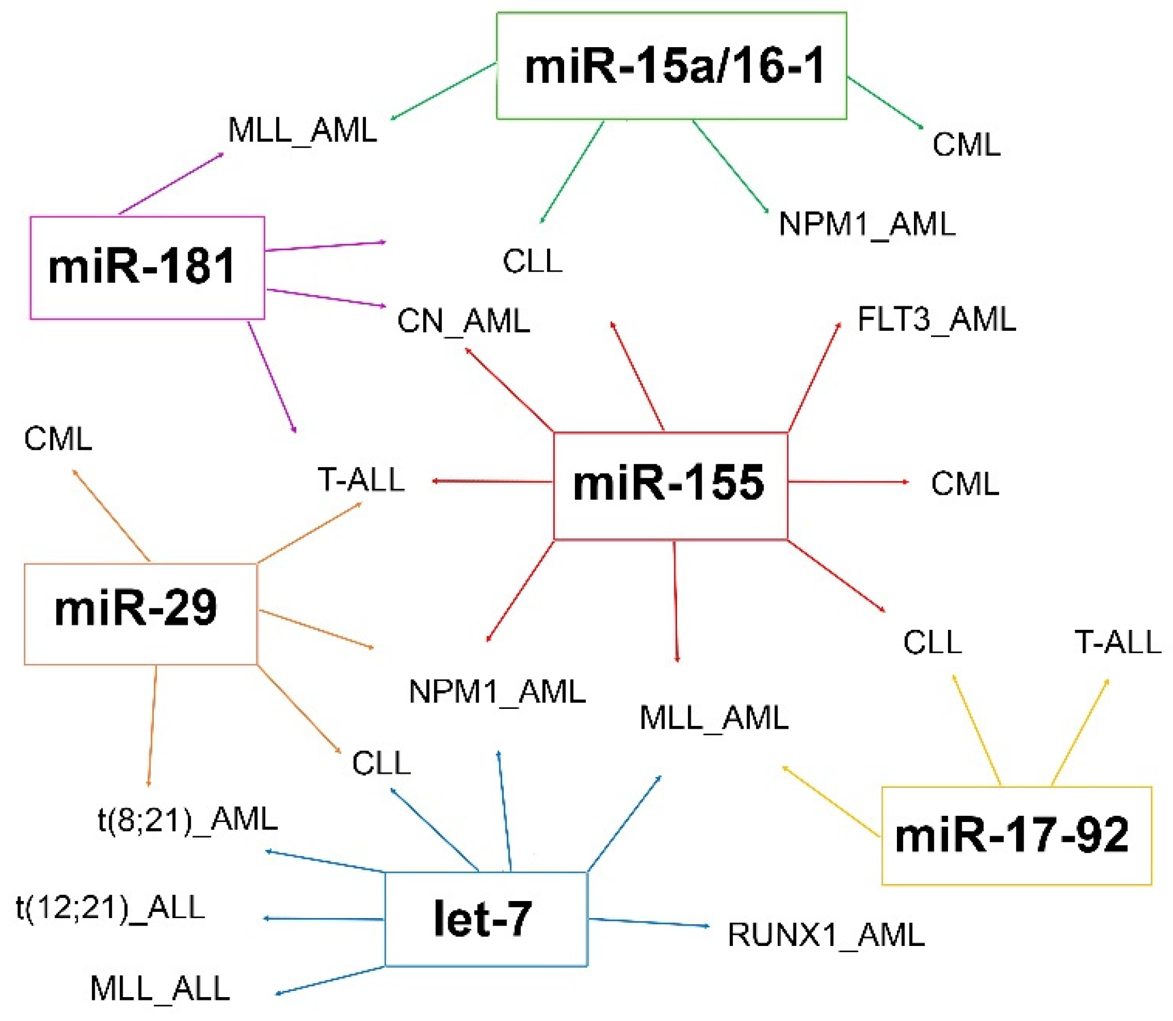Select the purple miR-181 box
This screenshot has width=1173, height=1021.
147,267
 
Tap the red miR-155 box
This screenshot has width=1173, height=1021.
670,485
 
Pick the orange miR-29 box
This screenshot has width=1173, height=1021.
140,613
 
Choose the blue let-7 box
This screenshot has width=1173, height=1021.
486,919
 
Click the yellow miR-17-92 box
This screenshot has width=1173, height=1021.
1016,835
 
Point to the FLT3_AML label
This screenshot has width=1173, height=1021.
936,319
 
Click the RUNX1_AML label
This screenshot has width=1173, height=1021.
826,935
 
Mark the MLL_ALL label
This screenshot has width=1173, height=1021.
160,989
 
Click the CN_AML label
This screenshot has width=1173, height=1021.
464,321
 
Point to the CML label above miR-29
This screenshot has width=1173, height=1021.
58,439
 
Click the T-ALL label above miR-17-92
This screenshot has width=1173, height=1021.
1117,643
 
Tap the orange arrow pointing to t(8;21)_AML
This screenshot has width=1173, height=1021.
152,727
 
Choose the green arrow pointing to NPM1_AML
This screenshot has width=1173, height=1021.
730,167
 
